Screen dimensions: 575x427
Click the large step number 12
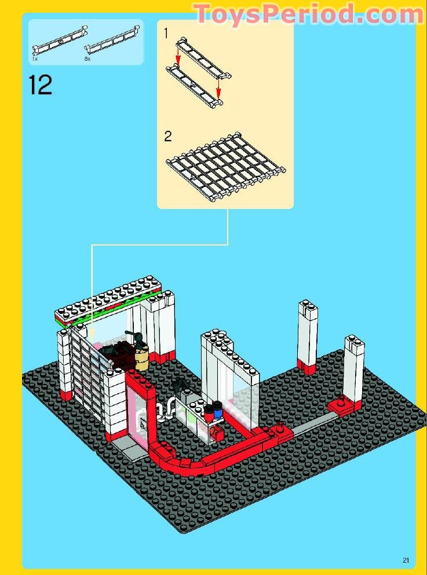click(41, 85)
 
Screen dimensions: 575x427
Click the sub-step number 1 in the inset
click(166, 34)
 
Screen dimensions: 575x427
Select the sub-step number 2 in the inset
click(168, 136)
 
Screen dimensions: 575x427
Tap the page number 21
click(406, 559)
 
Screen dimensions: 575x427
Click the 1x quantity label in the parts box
click(35, 59)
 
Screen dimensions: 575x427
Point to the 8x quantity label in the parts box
click(87, 59)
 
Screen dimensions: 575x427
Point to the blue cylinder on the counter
click(218, 412)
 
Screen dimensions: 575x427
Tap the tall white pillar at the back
click(307, 336)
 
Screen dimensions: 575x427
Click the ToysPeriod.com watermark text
click(308, 14)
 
